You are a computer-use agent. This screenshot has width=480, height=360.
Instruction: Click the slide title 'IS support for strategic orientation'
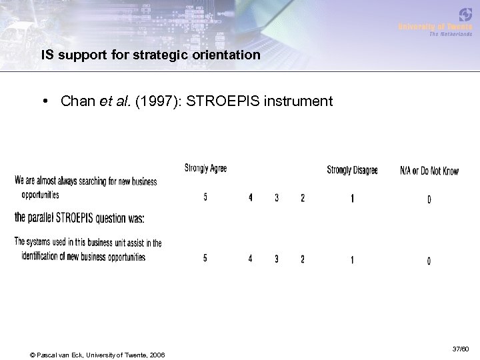[151, 55]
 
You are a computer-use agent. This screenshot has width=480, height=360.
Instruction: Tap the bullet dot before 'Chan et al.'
[43, 101]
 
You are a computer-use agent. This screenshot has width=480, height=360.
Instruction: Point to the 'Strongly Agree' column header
[205, 169]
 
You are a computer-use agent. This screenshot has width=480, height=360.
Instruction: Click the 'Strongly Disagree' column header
[352, 170]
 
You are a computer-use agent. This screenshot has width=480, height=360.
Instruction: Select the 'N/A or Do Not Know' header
[429, 171]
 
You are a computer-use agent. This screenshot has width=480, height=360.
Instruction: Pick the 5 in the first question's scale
[205, 197]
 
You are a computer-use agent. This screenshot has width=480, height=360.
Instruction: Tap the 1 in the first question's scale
[352, 198]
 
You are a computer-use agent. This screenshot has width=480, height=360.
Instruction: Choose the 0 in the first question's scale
[429, 199]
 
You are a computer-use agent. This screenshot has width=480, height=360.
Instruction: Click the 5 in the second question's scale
[205, 259]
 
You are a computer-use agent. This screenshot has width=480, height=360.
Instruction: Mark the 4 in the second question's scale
[251, 259]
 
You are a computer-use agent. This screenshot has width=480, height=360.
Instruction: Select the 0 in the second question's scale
[429, 261]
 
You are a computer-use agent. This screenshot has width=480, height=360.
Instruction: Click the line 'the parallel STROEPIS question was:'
[79, 218]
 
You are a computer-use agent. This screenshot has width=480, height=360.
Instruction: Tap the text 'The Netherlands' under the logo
[450, 34]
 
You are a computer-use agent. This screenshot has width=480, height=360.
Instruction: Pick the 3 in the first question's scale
[277, 198]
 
